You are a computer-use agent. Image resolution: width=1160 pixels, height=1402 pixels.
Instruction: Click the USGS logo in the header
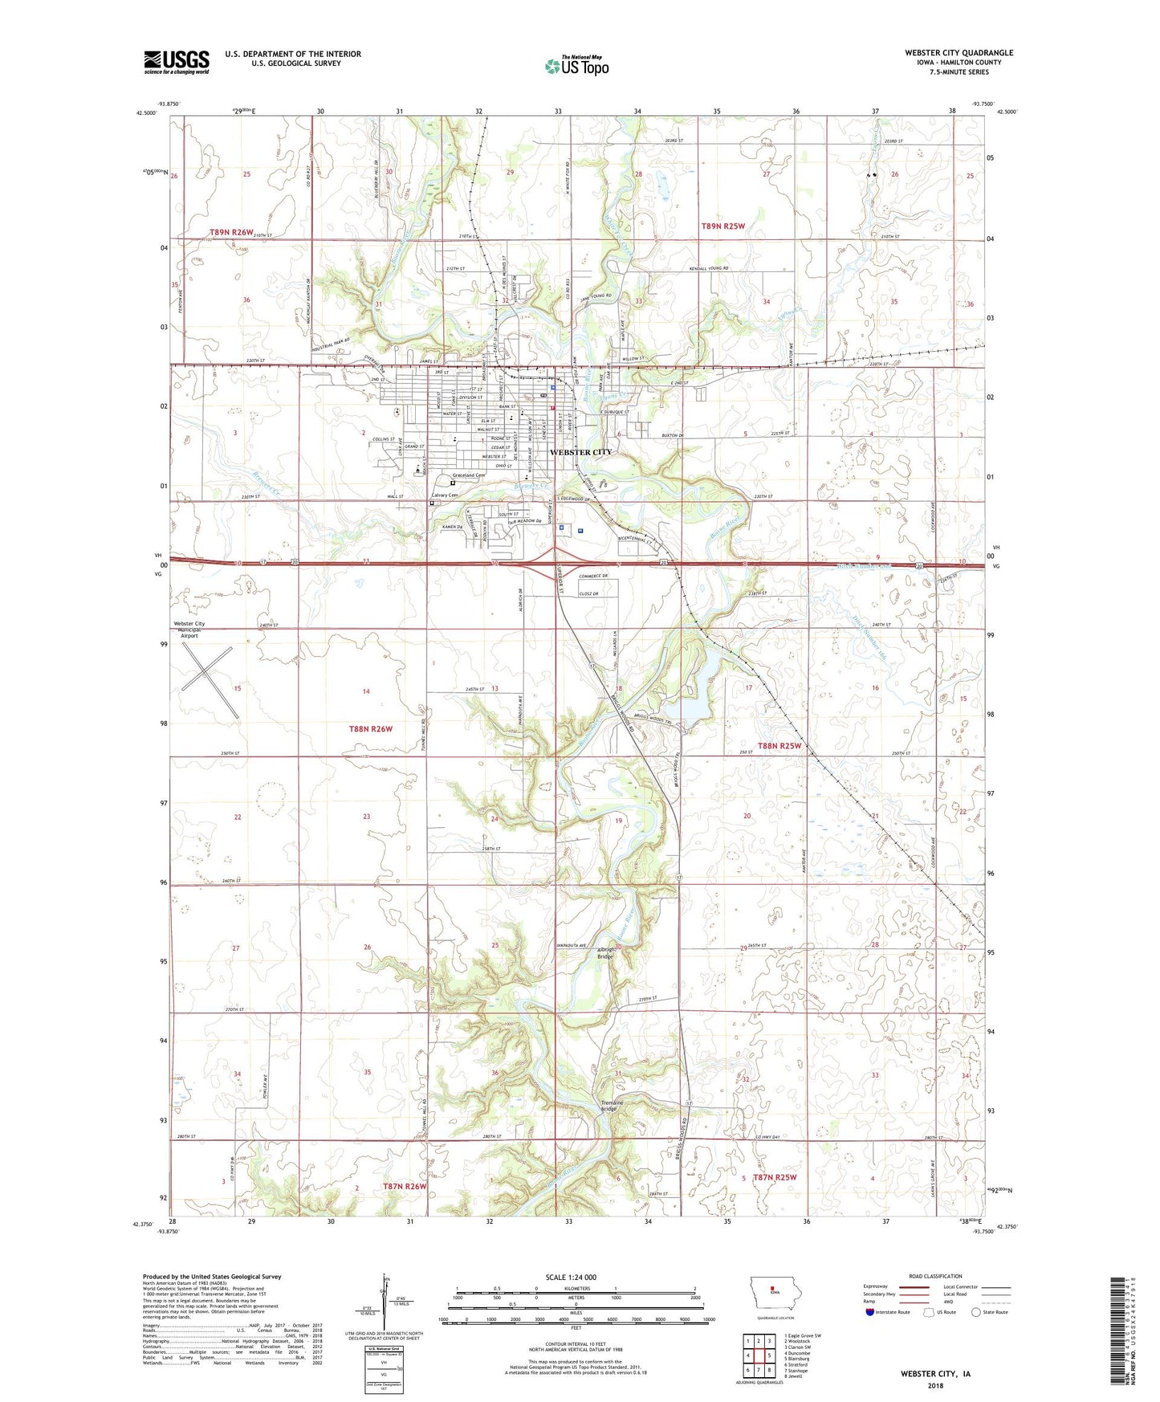[176, 62]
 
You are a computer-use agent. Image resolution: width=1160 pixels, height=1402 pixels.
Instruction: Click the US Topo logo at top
[576, 66]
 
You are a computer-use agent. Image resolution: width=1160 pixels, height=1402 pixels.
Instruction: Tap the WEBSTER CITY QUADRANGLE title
[959, 53]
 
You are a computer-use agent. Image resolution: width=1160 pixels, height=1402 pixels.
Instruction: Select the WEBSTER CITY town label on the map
[580, 452]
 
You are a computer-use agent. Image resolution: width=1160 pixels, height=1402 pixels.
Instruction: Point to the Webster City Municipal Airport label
[189, 630]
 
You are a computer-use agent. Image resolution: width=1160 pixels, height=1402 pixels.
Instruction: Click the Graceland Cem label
[470, 475]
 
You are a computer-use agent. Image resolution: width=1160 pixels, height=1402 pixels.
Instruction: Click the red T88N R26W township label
[371, 729]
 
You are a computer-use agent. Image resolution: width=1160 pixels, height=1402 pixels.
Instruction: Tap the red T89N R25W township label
[722, 226]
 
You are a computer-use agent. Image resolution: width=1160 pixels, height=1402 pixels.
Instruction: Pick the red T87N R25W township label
[775, 1177]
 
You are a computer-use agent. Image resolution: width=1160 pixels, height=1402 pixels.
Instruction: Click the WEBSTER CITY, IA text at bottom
[934, 1374]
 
